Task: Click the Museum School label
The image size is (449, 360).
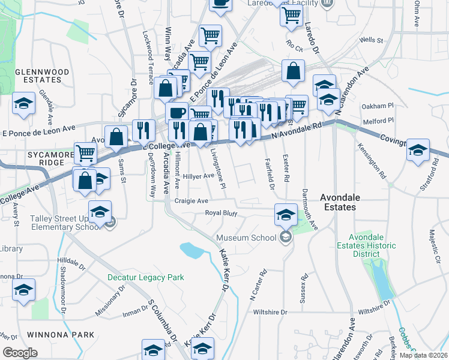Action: [246, 238]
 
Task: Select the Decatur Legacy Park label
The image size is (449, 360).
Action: [145, 277]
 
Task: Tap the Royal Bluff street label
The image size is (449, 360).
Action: [221, 213]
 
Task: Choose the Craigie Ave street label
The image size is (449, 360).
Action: [191, 201]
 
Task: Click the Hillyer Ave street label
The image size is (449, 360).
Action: [199, 176]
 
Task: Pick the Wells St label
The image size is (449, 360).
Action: [371, 40]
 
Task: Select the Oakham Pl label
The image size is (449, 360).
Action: [377, 106]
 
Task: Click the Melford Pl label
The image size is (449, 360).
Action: [378, 122]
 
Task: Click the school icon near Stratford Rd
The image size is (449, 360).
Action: [418, 151]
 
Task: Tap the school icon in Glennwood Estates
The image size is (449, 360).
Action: [23, 103]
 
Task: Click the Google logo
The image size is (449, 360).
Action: [20, 353]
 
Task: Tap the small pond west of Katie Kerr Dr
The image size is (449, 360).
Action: [191, 249]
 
